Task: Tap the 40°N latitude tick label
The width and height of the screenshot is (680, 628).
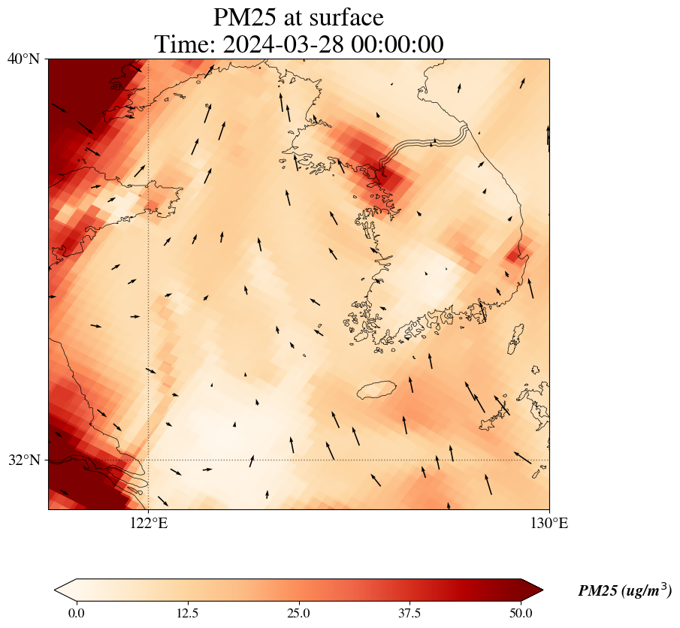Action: coord(24,59)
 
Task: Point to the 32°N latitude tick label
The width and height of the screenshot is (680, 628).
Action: coord(24,460)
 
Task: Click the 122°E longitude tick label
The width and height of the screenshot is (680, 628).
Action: coord(149,524)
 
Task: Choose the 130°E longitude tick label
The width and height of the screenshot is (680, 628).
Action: coord(549,524)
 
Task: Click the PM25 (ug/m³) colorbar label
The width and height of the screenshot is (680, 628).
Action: coord(624,591)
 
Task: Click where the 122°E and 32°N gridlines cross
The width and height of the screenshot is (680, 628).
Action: coord(149,460)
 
